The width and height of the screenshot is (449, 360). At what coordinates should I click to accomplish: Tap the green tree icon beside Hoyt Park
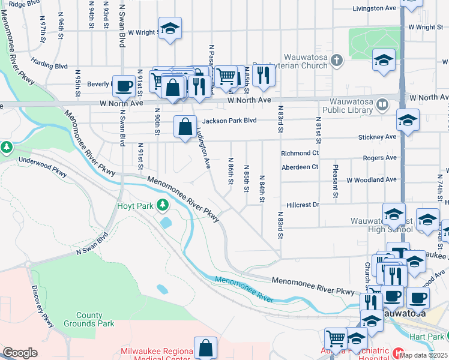162,206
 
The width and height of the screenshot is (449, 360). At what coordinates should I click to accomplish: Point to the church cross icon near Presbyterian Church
337,60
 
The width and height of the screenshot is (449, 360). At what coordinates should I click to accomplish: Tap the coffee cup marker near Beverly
124,86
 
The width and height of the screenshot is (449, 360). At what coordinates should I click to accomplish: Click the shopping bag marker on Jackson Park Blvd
185,127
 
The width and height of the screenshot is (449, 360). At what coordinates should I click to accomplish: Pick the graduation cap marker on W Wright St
170,28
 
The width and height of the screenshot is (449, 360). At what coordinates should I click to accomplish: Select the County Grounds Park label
95,319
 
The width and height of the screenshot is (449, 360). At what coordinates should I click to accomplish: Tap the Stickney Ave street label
377,137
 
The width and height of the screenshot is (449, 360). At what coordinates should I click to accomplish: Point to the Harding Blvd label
49,65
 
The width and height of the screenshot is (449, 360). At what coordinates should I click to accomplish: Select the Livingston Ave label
375,8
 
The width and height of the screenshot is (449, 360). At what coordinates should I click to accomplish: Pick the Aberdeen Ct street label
300,167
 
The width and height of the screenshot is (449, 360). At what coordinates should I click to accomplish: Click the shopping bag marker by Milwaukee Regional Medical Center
205,347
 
